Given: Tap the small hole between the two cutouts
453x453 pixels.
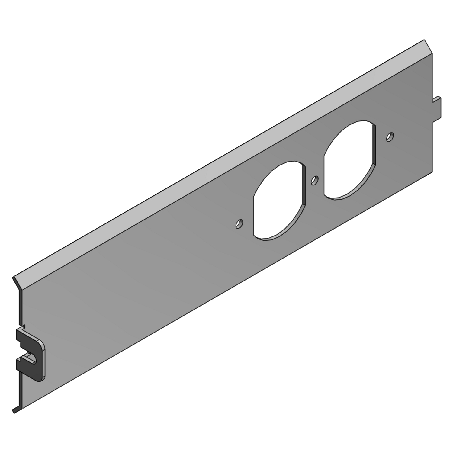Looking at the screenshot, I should point(315,181).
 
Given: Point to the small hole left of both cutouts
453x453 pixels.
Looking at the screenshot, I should point(239,224).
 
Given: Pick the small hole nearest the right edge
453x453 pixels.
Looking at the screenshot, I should point(390,137).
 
